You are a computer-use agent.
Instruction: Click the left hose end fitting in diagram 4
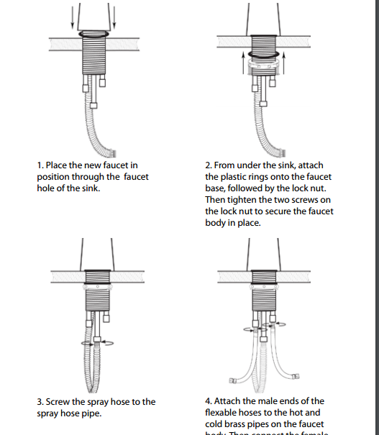[x=234, y=378]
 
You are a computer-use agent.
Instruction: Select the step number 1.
[x=40, y=165]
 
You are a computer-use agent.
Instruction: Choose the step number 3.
[x=40, y=401]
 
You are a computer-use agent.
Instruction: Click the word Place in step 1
[x=57, y=165]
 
